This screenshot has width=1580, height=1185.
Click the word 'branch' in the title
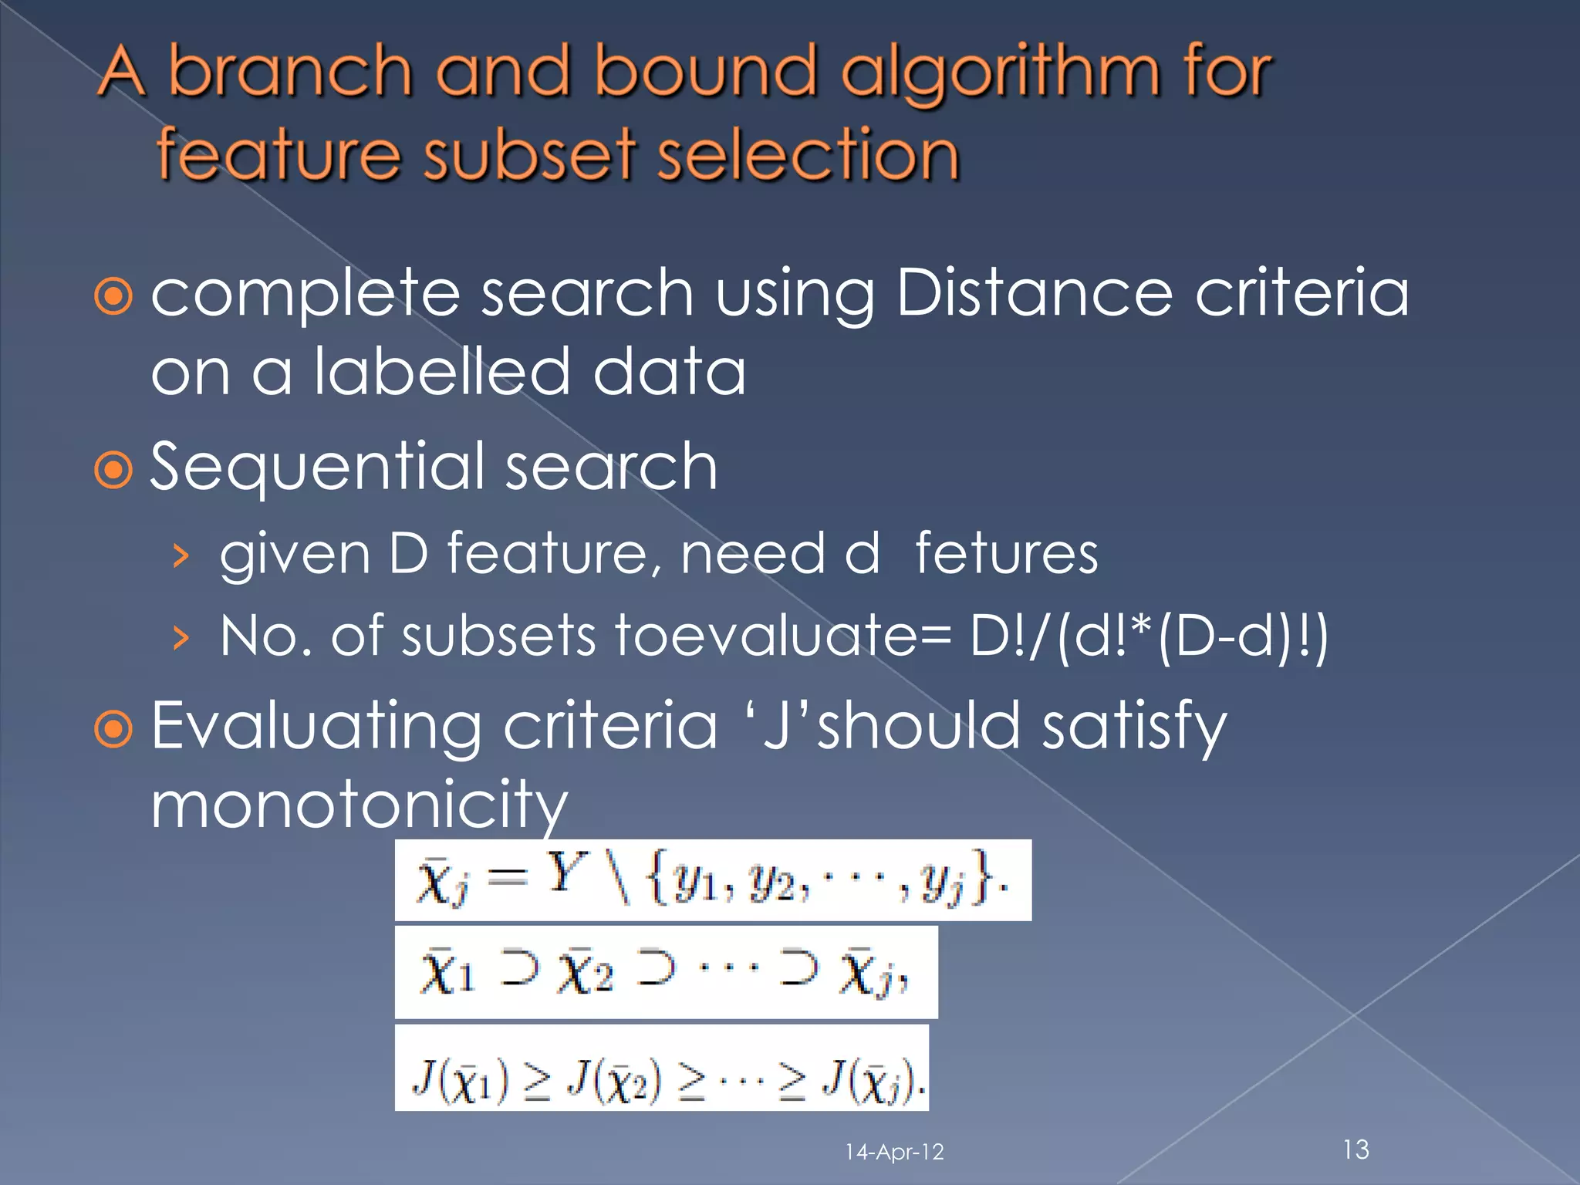coord(290,72)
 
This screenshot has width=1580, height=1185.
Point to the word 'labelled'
coord(442,371)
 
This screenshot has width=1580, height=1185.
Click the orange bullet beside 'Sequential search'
coord(114,469)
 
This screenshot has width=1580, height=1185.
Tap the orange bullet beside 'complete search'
coord(114,296)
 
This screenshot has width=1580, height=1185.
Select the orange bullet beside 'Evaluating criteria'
coord(114,728)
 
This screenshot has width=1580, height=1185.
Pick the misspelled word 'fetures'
coord(1006,554)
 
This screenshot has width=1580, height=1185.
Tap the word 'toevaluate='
coord(784,636)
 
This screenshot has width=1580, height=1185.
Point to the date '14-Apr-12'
coord(894,1152)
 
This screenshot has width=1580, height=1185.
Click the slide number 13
coord(1355,1150)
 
